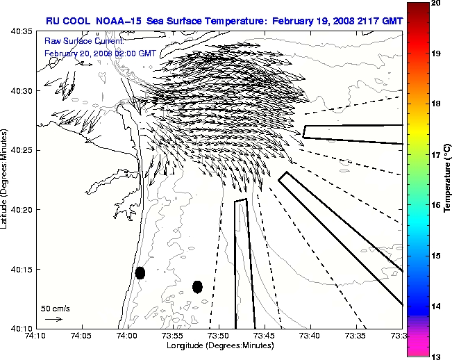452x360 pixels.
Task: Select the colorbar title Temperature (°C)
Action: pyautogui.click(x=448, y=179)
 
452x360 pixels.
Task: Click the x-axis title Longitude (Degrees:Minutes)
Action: pyautogui.click(x=219, y=345)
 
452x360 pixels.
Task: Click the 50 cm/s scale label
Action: pyautogui.click(x=55, y=308)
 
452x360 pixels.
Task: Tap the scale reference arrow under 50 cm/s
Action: pyautogui.click(x=53, y=319)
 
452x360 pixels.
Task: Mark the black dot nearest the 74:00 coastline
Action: pyautogui.click(x=140, y=272)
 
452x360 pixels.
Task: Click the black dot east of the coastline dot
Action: pyautogui.click(x=197, y=286)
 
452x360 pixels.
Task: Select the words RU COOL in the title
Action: pyautogui.click(x=65, y=21)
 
